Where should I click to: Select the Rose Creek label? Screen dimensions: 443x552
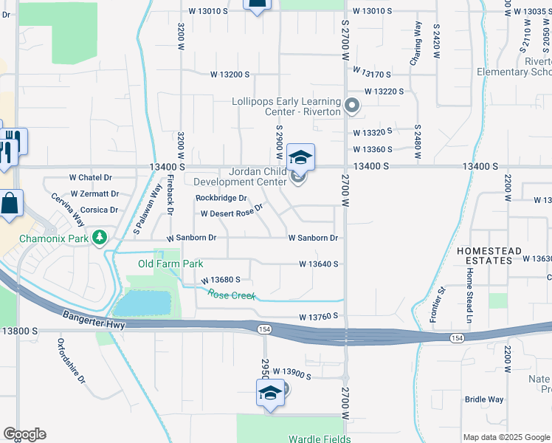pos(231,295)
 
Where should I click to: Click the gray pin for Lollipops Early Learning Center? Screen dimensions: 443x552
pos(352,106)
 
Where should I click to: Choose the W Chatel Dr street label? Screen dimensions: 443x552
pos(90,177)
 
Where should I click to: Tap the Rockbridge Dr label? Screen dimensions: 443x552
pos(221,198)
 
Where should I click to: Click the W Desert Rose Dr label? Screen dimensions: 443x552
pos(232,213)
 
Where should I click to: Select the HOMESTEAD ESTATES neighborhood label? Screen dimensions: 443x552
pos(484,255)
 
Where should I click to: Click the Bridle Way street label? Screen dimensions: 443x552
pos(484,399)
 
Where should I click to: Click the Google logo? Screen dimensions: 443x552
pos(24,434)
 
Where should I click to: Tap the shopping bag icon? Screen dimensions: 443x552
pos(10,205)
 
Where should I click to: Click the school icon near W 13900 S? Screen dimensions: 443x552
pos(270,393)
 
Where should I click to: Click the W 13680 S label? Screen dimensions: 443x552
pos(220,281)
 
